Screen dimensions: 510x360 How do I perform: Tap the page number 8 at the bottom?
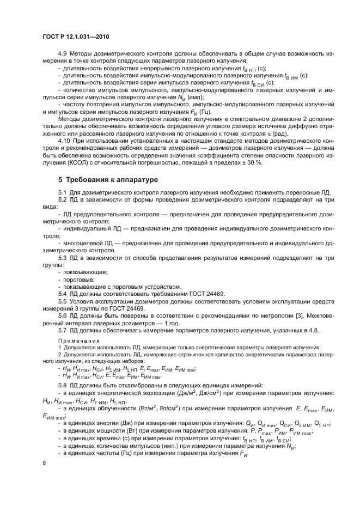click(x=45, y=463)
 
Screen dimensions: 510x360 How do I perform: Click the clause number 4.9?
click(x=63, y=55)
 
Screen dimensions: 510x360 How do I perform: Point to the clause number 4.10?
click(x=65, y=140)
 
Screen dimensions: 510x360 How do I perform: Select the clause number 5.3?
click(x=63, y=264)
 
